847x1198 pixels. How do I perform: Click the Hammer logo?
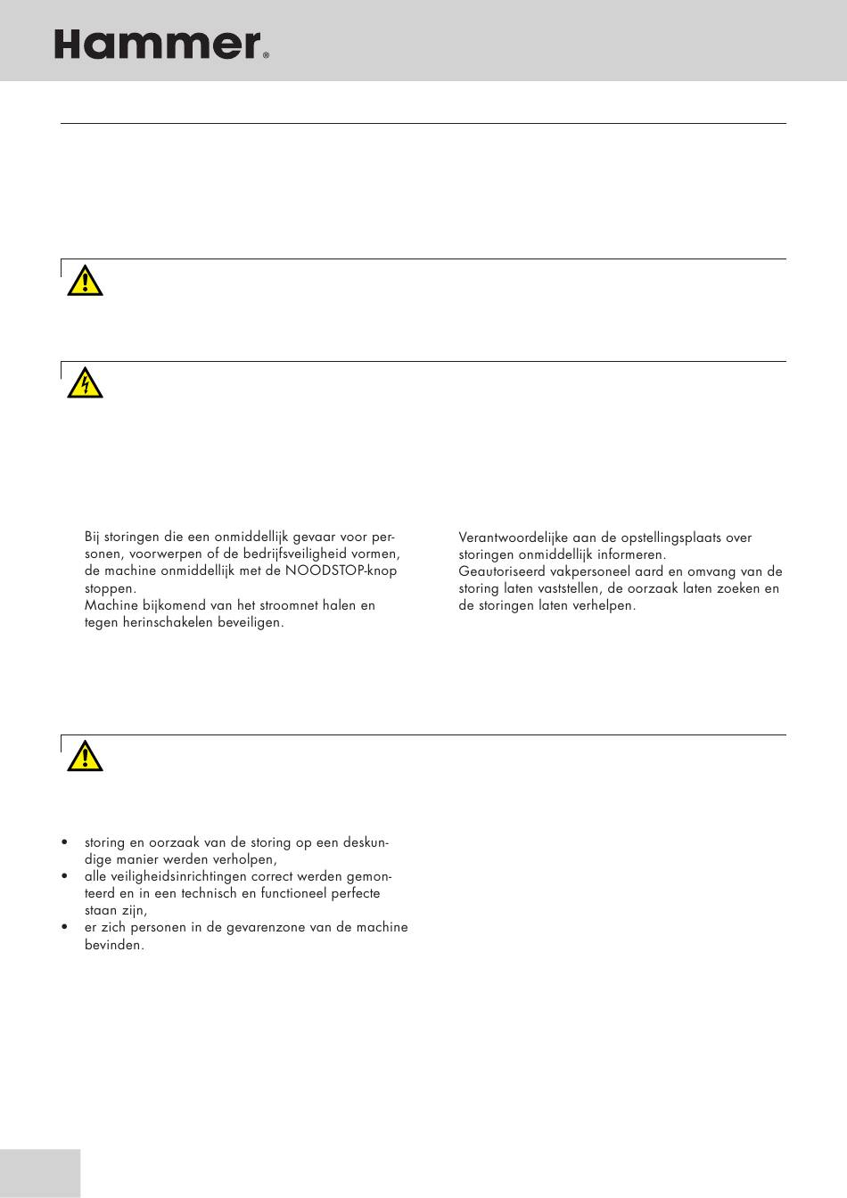[x=158, y=44]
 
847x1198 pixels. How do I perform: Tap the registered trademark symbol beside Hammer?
[x=266, y=55]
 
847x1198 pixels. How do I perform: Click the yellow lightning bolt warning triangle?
[x=85, y=383]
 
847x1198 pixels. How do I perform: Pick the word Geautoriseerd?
[x=501, y=571]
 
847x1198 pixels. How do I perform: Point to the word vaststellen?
[x=568, y=588]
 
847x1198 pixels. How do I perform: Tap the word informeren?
[x=629, y=554]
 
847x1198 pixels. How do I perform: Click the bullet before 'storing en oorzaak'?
[x=64, y=842]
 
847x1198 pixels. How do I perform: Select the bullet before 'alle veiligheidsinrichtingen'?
[x=64, y=876]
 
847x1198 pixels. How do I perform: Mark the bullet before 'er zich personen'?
[x=64, y=927]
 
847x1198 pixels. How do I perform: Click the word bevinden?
[x=113, y=945]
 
